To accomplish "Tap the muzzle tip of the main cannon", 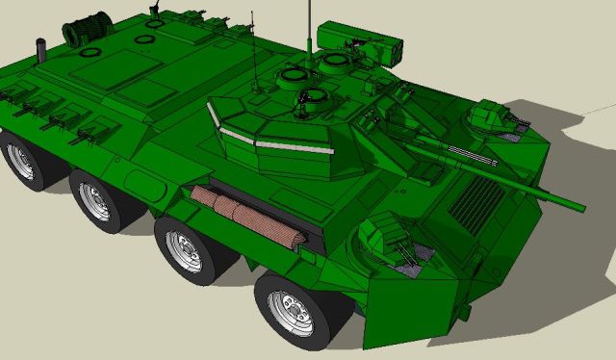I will (579, 206).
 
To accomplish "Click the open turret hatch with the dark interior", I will (313, 96).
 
